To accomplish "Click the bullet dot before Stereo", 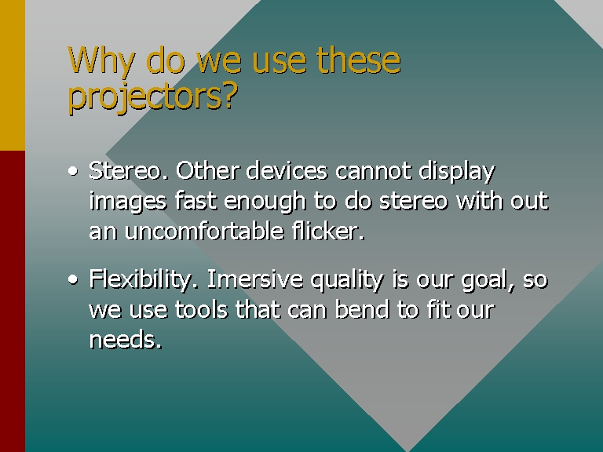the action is [x=73, y=171].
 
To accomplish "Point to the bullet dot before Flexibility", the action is [x=73, y=279].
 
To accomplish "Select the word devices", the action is [x=287, y=170].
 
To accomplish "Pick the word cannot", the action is [x=373, y=171].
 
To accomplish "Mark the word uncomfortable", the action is [x=204, y=231].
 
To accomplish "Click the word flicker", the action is [x=328, y=231].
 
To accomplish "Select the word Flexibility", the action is [x=144, y=280].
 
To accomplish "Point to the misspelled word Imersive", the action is [x=255, y=279].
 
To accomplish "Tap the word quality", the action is [x=347, y=280].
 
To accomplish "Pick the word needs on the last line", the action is [x=126, y=339].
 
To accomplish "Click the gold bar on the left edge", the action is [x=13, y=75].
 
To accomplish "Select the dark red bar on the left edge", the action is [x=13, y=301].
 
